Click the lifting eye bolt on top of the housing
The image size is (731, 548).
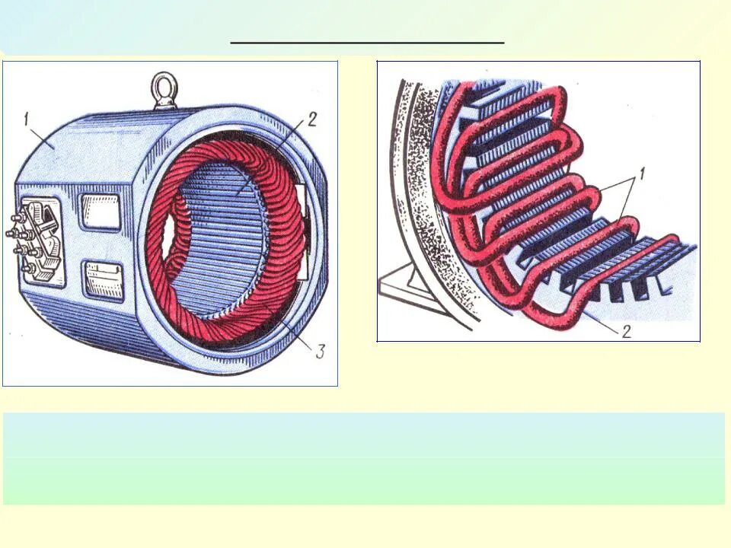pyautogui.click(x=164, y=91)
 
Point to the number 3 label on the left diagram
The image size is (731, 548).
pyautogui.click(x=321, y=351)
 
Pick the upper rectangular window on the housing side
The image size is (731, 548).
pyautogui.click(x=101, y=211)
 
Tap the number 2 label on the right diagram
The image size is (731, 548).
pyautogui.click(x=626, y=331)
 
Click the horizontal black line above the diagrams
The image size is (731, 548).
pyautogui.click(x=367, y=43)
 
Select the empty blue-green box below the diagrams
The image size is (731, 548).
pyautogui.click(x=364, y=458)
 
